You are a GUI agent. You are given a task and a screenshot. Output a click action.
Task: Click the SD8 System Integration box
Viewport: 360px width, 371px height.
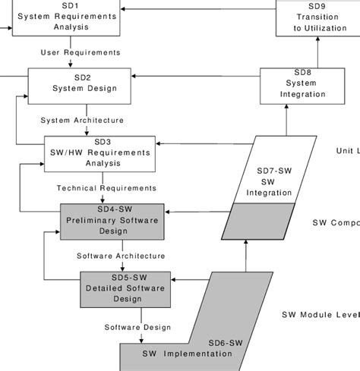pyautogui.click(x=297, y=85)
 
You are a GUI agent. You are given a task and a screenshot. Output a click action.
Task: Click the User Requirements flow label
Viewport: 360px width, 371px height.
pyautogui.click(x=80, y=52)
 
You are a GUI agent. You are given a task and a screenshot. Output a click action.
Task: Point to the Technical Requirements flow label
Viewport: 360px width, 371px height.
pyautogui.click(x=106, y=188)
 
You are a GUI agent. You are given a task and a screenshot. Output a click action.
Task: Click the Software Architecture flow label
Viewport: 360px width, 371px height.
pyautogui.click(x=120, y=256)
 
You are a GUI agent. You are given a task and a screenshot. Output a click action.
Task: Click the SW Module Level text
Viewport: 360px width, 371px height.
pyautogui.click(x=320, y=315)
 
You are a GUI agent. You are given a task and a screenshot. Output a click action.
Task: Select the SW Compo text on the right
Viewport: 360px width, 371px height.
pyautogui.click(x=335, y=223)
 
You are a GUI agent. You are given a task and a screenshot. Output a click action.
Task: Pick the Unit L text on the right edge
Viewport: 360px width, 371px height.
pyautogui.click(x=347, y=151)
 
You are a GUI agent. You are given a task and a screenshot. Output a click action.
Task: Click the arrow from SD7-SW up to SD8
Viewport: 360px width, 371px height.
pyautogui.click(x=286, y=120)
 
